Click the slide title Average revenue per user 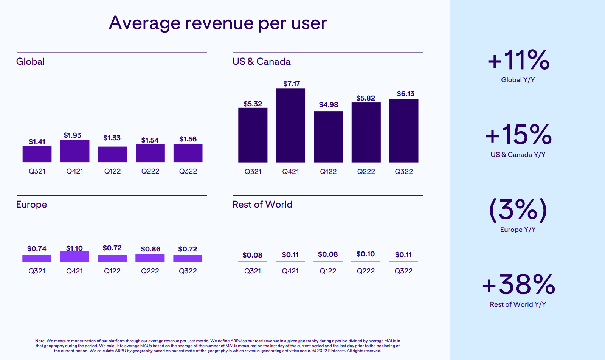(217, 23)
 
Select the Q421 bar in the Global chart (75, 151)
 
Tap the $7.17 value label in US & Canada (292, 84)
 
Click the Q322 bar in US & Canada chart (404, 131)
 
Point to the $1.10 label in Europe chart (74, 248)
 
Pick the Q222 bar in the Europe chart (150, 258)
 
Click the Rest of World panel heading (262, 204)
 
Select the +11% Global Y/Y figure (518, 60)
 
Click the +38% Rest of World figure (518, 284)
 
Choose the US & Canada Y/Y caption (518, 155)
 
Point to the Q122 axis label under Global (112, 171)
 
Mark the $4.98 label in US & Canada (329, 104)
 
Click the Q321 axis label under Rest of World (253, 271)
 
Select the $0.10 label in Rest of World (366, 254)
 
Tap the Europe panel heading (31, 204)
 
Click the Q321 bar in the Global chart (37, 154)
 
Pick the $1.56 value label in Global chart (188, 139)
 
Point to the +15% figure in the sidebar (518, 135)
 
